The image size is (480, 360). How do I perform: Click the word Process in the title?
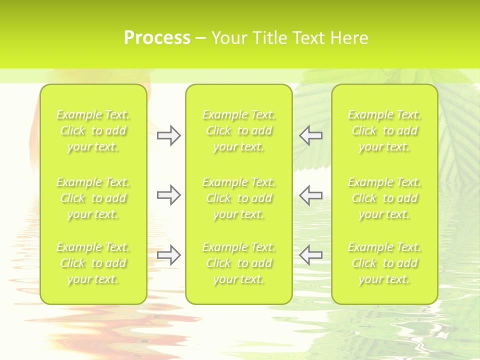tap(157, 38)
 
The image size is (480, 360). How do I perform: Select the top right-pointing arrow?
tap(168, 135)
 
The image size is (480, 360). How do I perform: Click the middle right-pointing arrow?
tap(168, 195)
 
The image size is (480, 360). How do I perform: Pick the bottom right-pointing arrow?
tap(168, 255)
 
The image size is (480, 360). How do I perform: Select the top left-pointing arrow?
tap(310, 135)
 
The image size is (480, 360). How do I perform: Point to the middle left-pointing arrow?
tap(310, 195)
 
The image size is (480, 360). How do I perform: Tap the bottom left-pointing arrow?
tap(310, 255)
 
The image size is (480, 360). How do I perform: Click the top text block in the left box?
tap(93, 131)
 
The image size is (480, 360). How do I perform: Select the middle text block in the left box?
tap(93, 198)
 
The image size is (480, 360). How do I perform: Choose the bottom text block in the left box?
tap(93, 263)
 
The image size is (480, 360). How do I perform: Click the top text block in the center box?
tap(239, 131)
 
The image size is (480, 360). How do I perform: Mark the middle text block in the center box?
tap(239, 198)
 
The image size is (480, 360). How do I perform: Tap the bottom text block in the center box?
tap(239, 263)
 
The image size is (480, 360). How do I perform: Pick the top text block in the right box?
tap(384, 131)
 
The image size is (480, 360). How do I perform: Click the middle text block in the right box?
tap(384, 198)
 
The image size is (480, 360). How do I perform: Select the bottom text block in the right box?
tap(384, 263)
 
